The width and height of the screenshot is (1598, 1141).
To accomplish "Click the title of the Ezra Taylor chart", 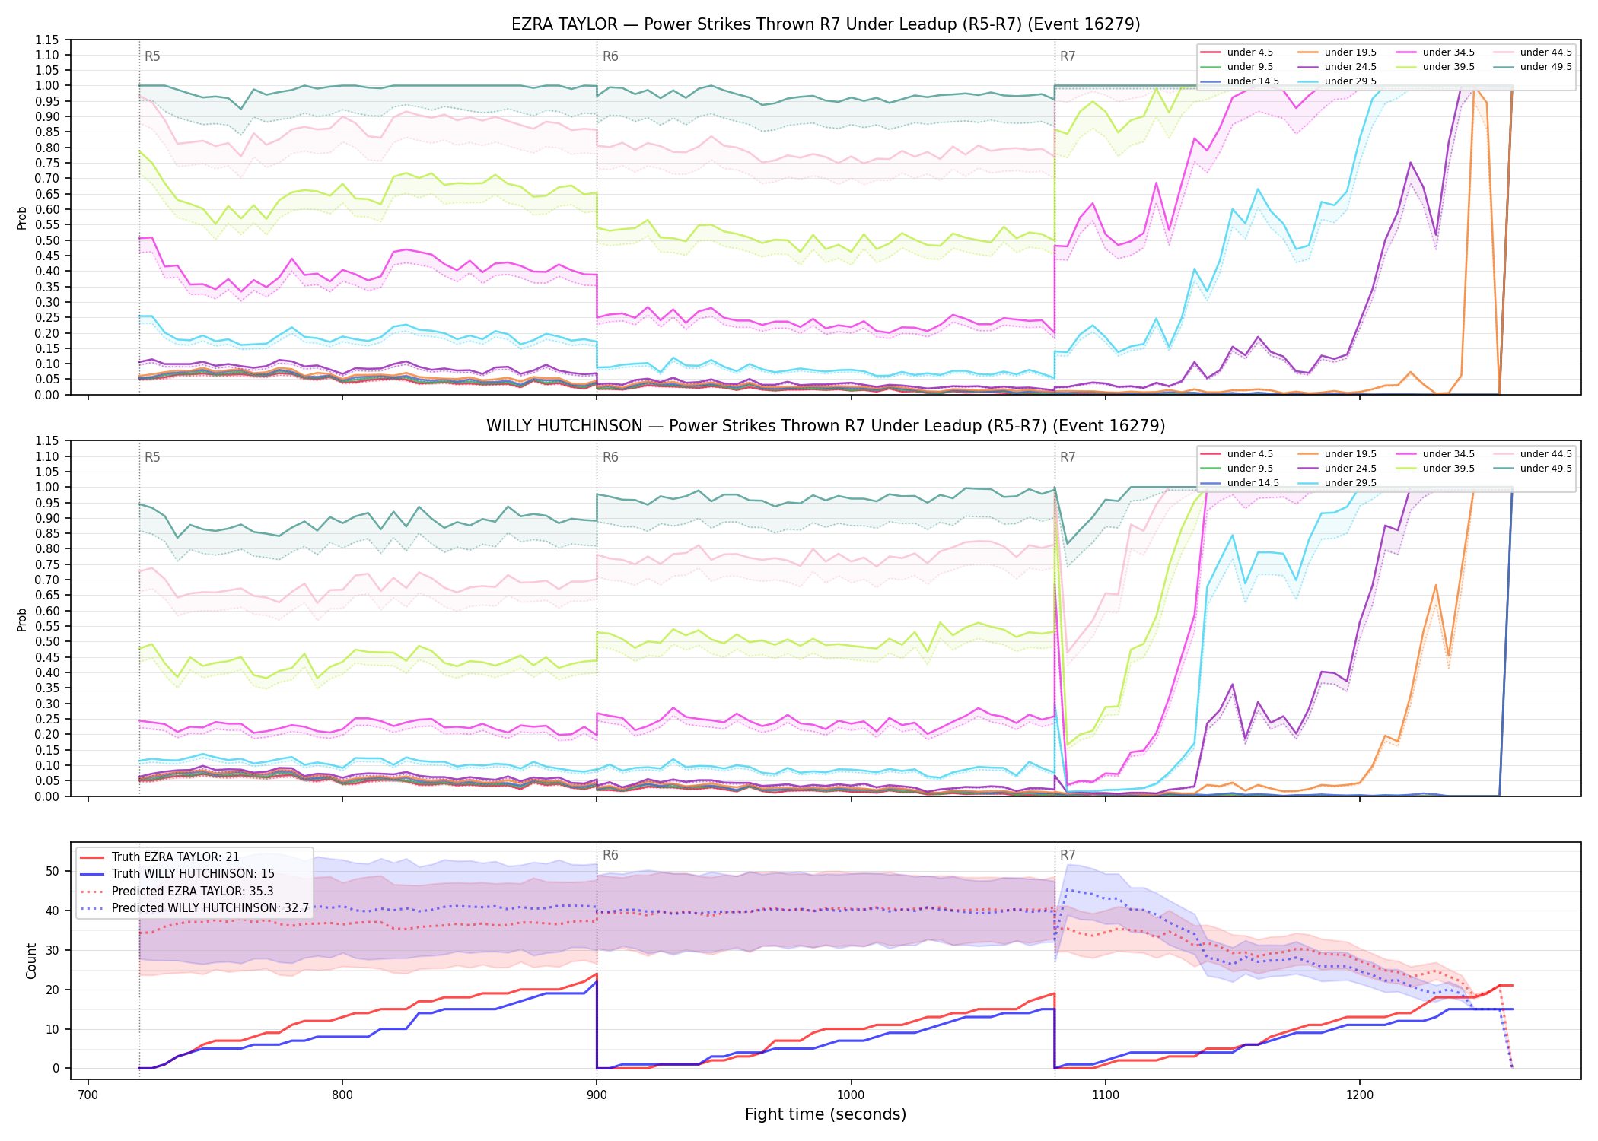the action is (x=826, y=24).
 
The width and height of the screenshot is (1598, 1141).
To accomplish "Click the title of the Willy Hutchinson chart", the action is (x=826, y=426).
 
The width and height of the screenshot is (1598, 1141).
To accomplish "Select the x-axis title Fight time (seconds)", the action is (x=826, y=1114).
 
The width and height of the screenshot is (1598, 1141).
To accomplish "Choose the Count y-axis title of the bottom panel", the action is (x=31, y=961).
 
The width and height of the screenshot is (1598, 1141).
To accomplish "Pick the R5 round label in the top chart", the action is (x=152, y=56).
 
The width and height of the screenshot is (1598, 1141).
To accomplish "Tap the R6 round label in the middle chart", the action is (x=610, y=457).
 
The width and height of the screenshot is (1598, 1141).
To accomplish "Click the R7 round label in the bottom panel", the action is (x=1068, y=855).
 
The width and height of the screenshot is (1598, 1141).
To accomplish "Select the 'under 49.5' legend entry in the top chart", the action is (x=1533, y=67).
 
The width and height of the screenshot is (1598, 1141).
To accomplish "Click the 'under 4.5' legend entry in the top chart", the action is (x=1237, y=52).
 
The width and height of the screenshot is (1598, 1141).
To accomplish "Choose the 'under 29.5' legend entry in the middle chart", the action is (x=1338, y=483).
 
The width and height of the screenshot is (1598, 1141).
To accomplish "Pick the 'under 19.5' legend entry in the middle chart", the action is (x=1338, y=454).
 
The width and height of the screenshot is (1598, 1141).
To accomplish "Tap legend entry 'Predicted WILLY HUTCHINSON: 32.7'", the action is (x=195, y=908).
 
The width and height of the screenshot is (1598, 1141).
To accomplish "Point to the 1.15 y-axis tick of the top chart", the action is (x=47, y=40).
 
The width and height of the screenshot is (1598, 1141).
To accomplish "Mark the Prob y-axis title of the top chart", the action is (x=22, y=218).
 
